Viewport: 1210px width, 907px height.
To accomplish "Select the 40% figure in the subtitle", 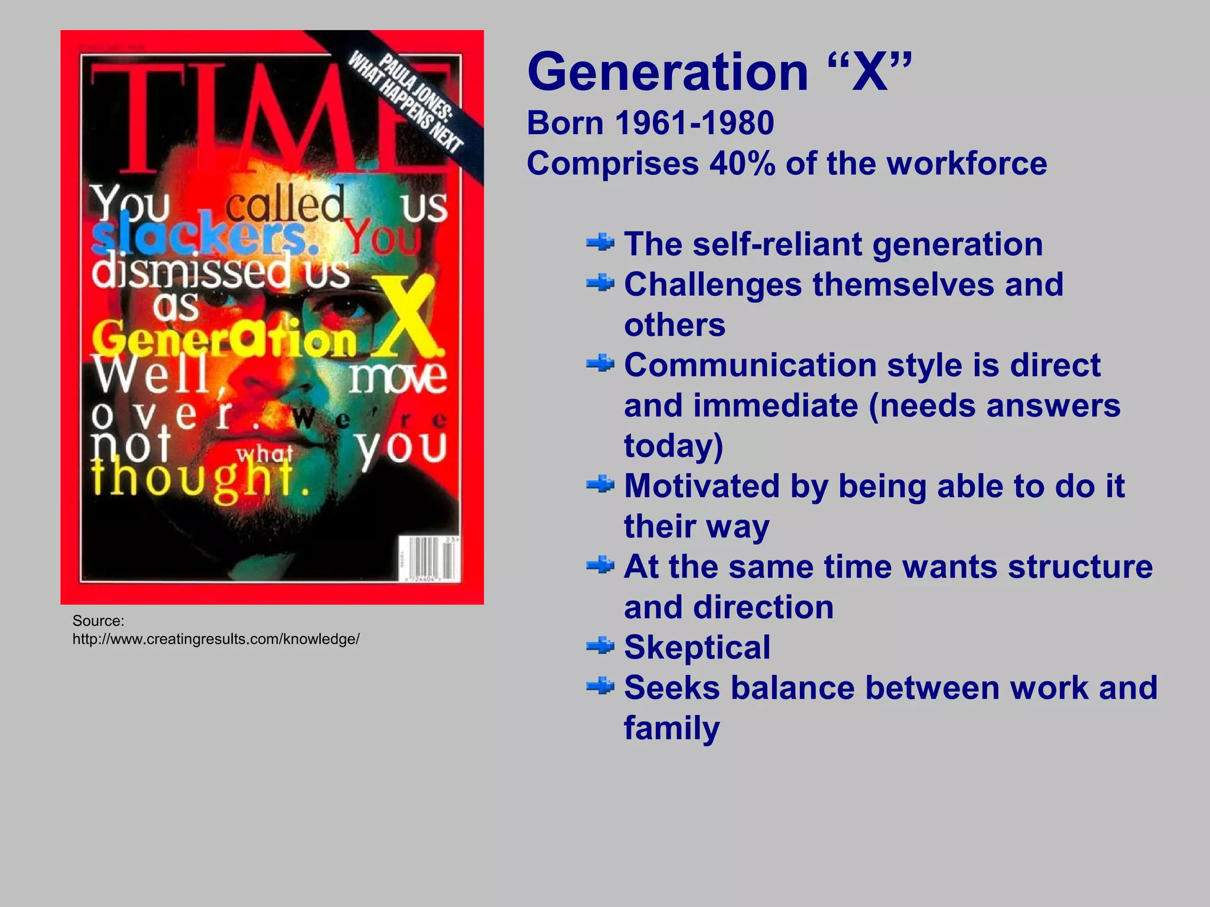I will [742, 164].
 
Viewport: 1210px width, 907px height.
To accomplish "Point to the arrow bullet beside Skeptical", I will [600, 647].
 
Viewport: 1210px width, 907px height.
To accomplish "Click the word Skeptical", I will [697, 648].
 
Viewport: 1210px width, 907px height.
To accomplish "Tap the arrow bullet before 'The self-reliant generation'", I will [600, 243].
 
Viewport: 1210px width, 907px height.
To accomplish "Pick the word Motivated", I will [702, 486].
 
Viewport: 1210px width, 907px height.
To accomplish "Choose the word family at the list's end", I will [672, 729].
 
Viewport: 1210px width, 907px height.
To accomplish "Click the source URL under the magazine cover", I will [216, 639].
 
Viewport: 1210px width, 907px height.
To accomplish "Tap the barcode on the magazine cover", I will [428, 558].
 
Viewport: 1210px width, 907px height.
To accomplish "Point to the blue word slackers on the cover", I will [198, 234].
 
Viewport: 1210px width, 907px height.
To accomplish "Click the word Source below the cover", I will [98, 621].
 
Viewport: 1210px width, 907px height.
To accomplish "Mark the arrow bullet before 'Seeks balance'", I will [600, 687].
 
